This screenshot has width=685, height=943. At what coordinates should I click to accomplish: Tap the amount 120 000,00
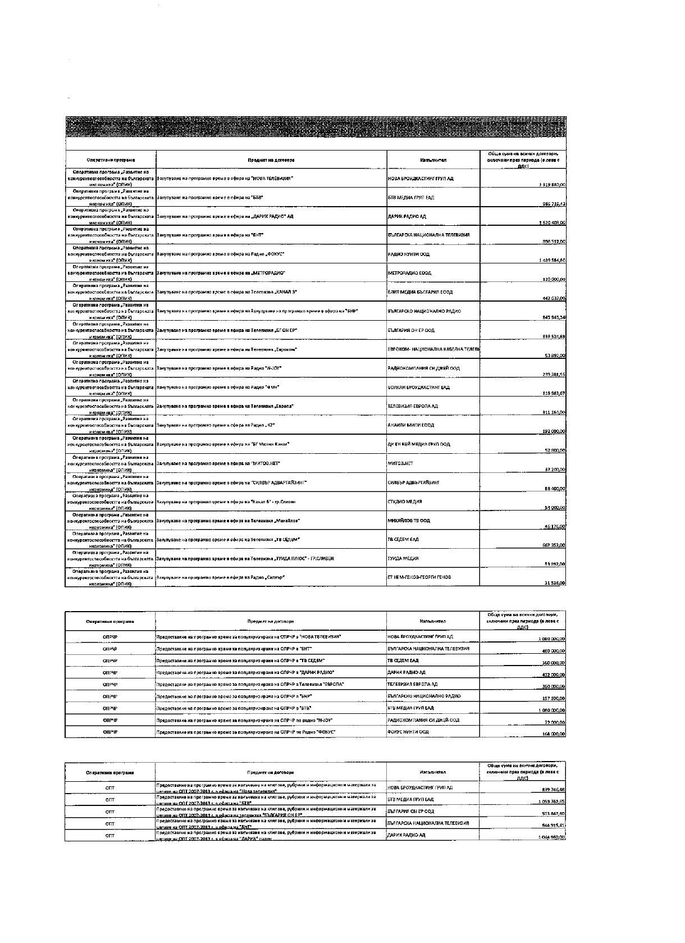[553, 279]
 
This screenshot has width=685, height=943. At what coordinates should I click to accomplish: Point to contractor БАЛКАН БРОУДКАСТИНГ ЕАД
[418, 387]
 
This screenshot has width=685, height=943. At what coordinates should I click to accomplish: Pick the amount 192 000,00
[553, 431]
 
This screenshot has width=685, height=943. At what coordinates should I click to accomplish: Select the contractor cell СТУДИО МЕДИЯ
[405, 502]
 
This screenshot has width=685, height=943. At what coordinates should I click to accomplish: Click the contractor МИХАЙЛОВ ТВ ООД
[409, 521]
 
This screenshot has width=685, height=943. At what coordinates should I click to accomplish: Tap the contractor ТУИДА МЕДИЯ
[403, 558]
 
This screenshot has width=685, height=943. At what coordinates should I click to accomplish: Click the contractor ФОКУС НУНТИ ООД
[408, 732]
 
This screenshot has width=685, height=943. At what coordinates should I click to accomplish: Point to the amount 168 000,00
[553, 734]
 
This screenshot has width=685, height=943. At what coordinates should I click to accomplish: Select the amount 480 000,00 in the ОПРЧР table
[553, 651]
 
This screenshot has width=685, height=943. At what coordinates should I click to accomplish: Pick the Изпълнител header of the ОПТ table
[432, 772]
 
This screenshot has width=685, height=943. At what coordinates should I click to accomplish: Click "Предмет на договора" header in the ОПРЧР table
[270, 621]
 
